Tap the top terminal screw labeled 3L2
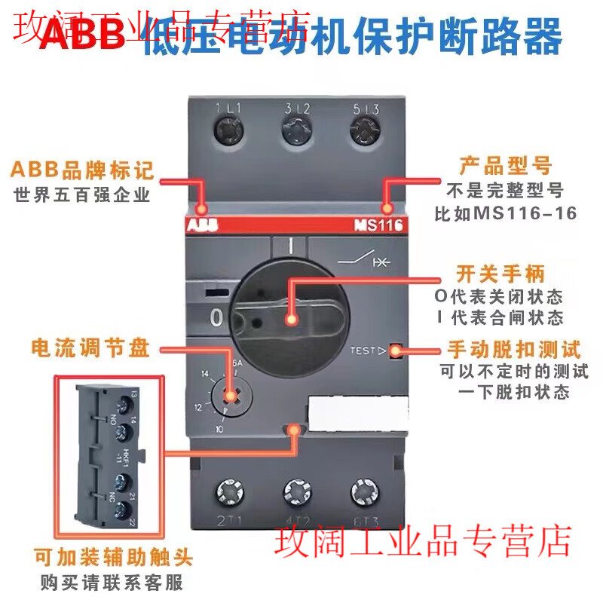pos(296,136)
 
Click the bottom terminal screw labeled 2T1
pos(228,494)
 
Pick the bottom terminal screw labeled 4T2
pos(297,494)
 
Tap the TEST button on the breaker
pos(394,350)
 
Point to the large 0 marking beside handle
pos(216,318)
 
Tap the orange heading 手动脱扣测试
pos(514,350)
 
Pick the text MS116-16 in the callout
pos(525,213)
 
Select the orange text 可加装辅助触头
pos(112,559)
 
